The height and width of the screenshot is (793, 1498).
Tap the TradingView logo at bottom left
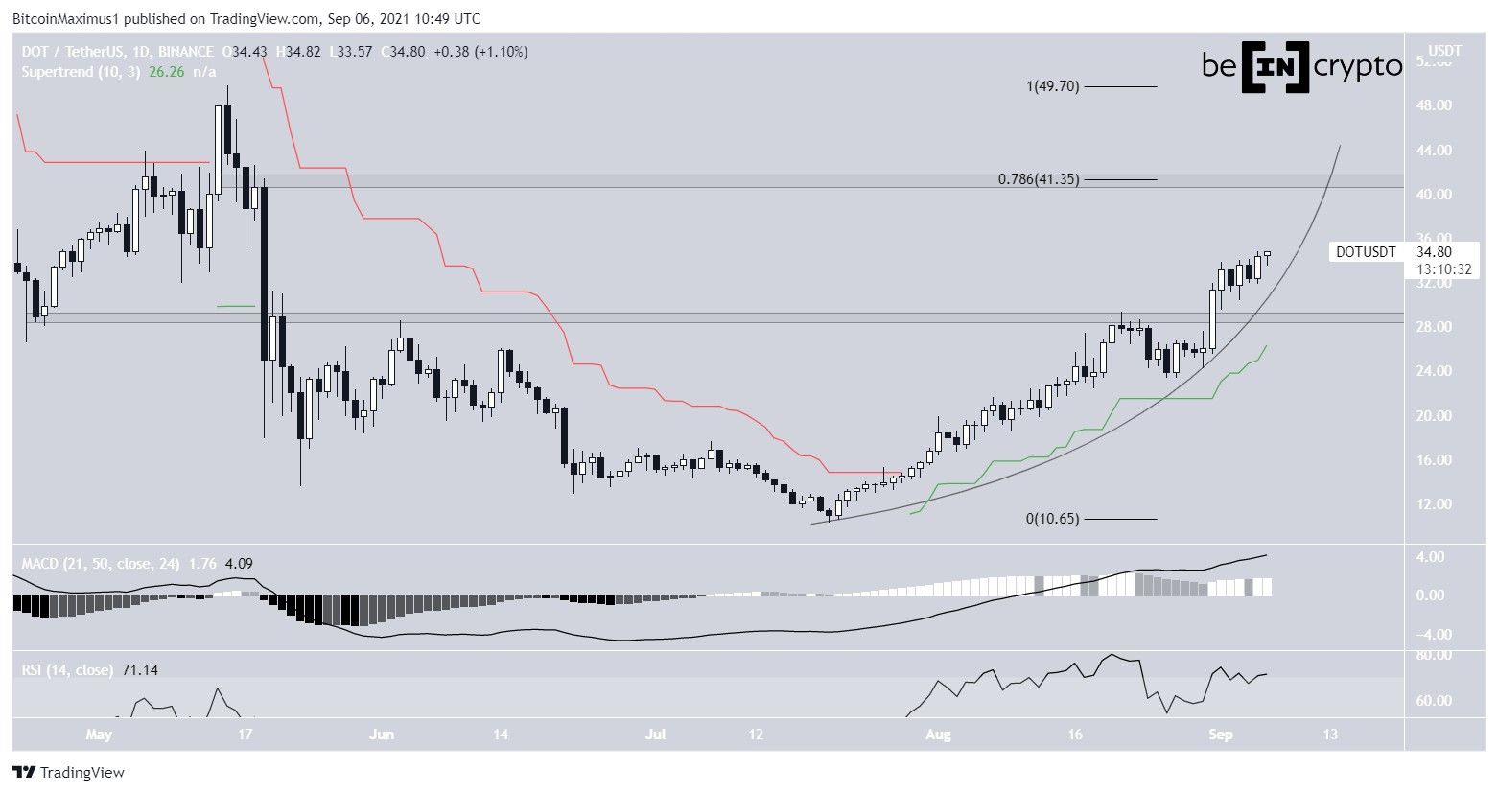pyautogui.click(x=68, y=772)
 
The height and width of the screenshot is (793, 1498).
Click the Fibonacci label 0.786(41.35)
pyautogui.click(x=1039, y=179)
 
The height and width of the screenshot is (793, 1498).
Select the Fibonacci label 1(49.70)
pyautogui.click(x=1053, y=86)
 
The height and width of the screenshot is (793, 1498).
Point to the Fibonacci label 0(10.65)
pyautogui.click(x=1052, y=519)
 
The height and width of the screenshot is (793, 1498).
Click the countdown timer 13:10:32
pyautogui.click(x=1442, y=269)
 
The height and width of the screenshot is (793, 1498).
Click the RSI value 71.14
pyautogui.click(x=140, y=670)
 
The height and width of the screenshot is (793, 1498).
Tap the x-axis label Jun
pyautogui.click(x=382, y=735)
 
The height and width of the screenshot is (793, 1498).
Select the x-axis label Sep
pyautogui.click(x=1220, y=735)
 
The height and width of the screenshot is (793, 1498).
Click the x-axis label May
pyautogui.click(x=99, y=735)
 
